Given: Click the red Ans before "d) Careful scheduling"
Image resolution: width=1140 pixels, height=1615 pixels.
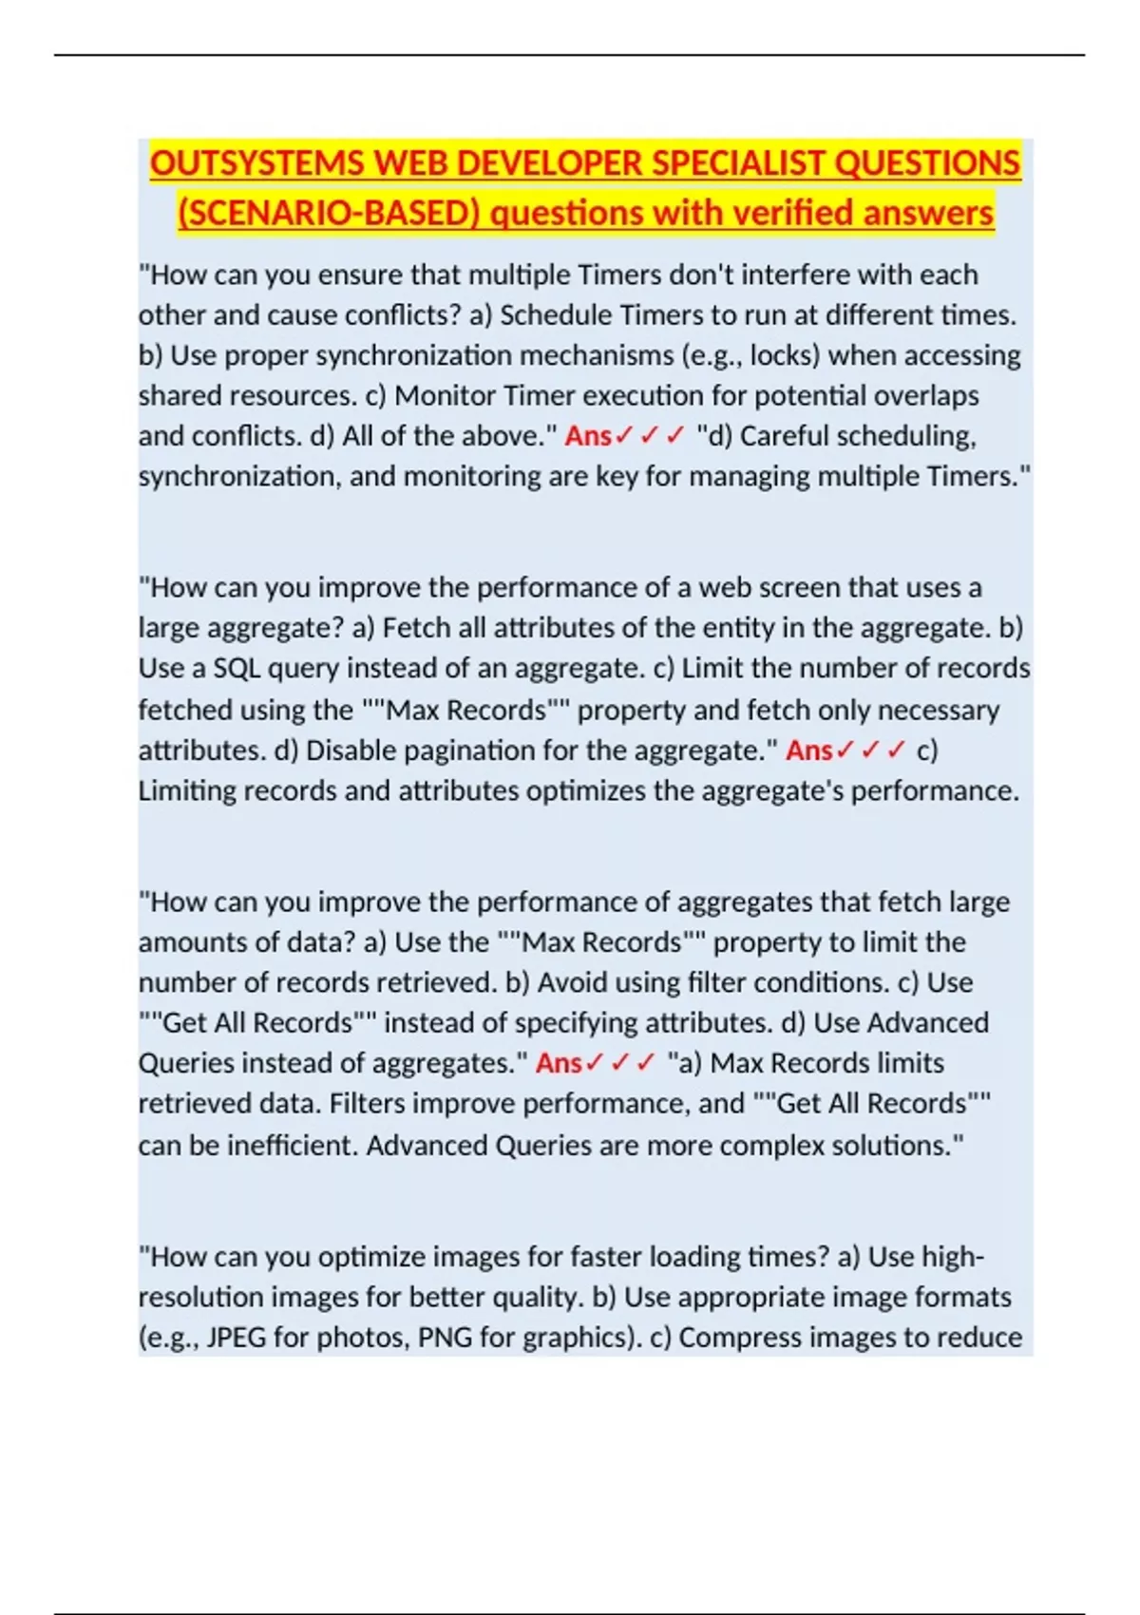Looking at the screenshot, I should coord(588,436).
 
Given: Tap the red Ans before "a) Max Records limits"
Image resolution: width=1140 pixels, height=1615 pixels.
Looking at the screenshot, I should coord(559,1063).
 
